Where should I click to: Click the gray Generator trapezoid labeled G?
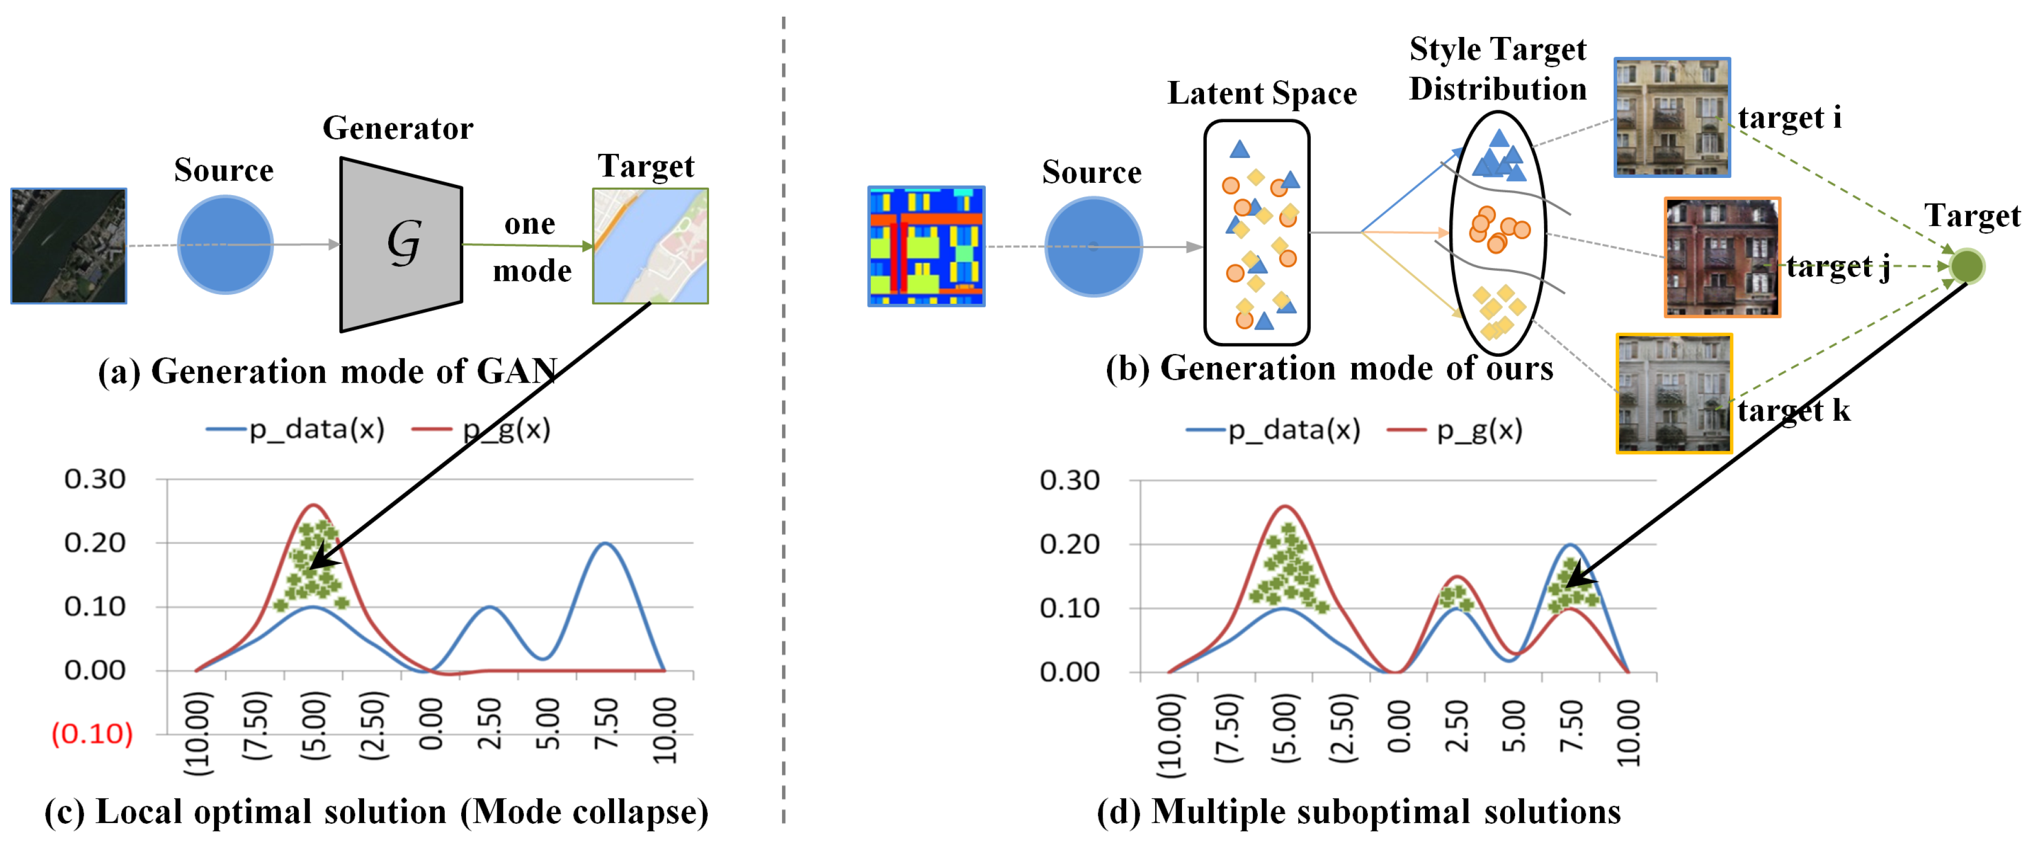[x=401, y=244]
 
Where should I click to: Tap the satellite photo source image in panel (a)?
[x=69, y=246]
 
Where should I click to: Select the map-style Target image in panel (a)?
[x=651, y=246]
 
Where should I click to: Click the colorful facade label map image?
[x=926, y=246]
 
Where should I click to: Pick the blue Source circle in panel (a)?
[x=225, y=245]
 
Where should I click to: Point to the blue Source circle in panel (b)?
[x=1093, y=247]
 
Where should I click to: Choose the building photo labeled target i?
[x=1672, y=117]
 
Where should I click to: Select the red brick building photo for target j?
[x=1722, y=257]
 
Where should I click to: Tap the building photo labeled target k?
[x=1674, y=393]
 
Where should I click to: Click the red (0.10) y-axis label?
[x=92, y=734]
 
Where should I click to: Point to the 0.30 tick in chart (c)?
[x=94, y=479]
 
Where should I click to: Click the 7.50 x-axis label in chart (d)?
[x=1570, y=727]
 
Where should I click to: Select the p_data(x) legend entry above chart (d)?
[x=1273, y=430]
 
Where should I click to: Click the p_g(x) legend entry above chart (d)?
[x=1456, y=430]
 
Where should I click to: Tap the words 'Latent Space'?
[x=1261, y=93]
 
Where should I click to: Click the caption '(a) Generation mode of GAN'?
[x=327, y=370]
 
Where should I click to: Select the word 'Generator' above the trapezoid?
[x=397, y=128]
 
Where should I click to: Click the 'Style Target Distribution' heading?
[x=1497, y=69]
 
